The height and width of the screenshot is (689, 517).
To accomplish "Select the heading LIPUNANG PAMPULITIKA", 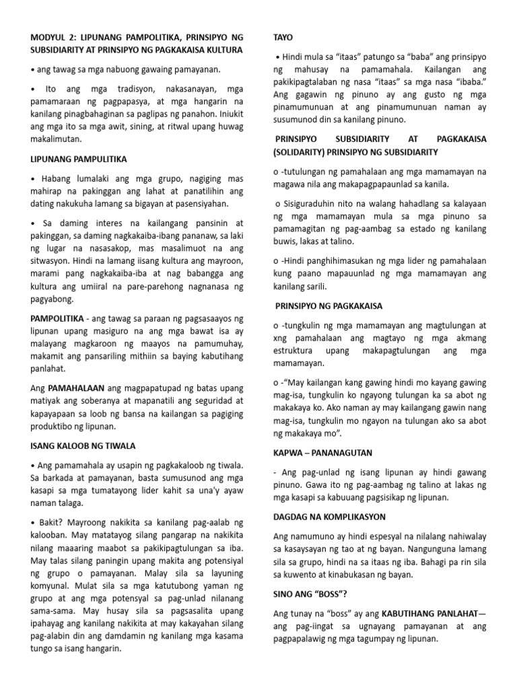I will coord(79,159).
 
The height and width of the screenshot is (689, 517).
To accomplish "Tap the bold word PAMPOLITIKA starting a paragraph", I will coord(57,318).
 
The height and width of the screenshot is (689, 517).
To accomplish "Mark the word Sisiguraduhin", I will coord(309,203).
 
